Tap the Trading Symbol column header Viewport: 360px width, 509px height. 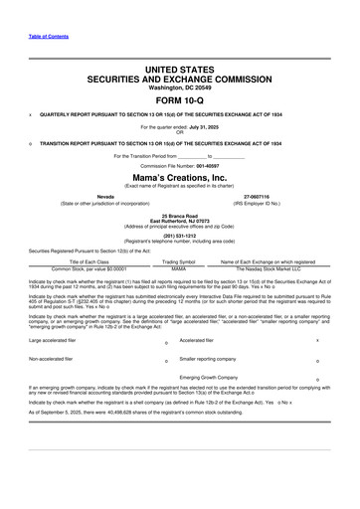pyautogui.click(x=178, y=261)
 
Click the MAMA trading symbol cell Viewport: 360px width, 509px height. pyautogui.click(x=179, y=268)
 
